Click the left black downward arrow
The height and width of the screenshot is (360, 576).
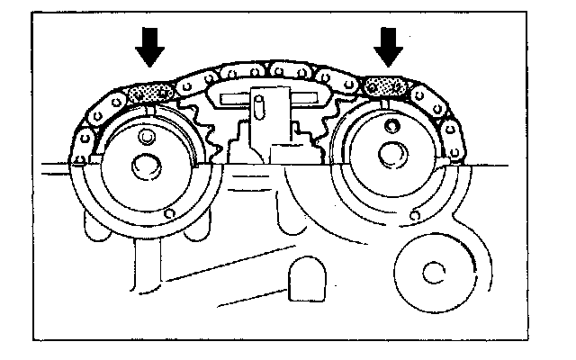[x=149, y=45]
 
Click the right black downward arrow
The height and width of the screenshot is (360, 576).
[x=389, y=45]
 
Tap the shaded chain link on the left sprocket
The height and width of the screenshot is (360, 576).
[x=149, y=91]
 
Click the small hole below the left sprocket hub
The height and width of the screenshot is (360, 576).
[x=171, y=213]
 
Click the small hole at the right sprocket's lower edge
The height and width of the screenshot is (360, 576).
[x=415, y=216]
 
